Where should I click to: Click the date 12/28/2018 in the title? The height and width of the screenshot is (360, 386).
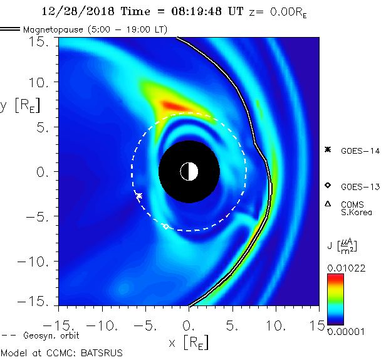point(69,11)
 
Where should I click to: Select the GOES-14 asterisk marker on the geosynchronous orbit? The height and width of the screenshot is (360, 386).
point(139,196)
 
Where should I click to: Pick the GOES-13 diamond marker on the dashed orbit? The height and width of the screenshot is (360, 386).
point(166,226)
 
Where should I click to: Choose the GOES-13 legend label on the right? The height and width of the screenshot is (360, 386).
point(360,186)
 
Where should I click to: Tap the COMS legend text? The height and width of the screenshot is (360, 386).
point(353,204)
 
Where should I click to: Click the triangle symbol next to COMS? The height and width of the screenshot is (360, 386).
point(328,204)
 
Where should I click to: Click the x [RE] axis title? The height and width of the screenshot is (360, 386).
point(188,343)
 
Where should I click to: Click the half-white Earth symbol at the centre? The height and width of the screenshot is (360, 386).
point(189,171)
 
